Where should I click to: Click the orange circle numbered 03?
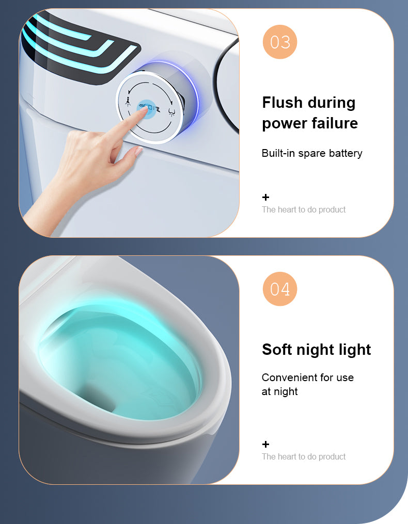280,42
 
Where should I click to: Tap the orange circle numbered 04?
280,289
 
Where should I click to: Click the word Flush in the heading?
283,103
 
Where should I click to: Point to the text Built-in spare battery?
312,153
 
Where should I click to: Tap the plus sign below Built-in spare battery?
266,197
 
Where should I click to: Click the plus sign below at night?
266,444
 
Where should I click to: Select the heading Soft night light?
316,350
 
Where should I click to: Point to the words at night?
279,391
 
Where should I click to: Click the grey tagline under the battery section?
304,209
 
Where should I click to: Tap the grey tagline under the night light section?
304,456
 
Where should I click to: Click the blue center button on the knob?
148,108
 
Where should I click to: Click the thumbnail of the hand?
138,152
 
